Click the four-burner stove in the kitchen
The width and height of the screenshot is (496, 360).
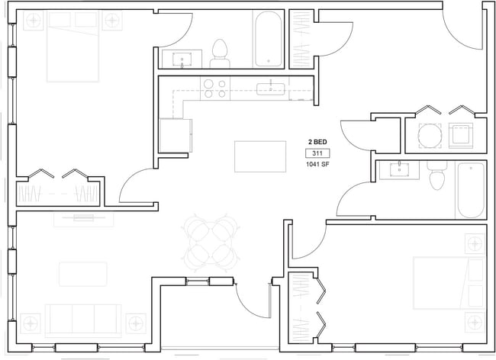(215, 89)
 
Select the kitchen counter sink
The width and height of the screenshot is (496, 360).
(270, 89)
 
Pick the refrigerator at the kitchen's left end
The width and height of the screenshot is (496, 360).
(172, 136)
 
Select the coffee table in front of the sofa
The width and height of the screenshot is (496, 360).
(82, 274)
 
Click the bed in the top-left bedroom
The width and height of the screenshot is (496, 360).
(73, 47)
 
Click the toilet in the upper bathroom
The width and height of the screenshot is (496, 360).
(221, 51)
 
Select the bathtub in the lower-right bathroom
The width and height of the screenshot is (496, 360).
(470, 189)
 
